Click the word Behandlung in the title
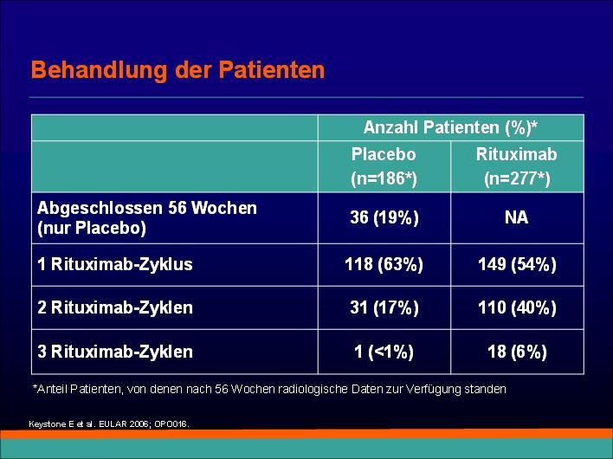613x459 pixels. coord(100,70)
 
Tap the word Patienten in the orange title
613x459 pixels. coord(271,69)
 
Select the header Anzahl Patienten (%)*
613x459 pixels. coord(450,127)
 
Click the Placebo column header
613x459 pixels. coord(384,154)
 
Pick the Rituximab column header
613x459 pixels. coord(516,154)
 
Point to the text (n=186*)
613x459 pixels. coord(384,178)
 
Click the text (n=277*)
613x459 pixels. coord(517,178)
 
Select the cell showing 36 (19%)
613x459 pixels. coord(384,217)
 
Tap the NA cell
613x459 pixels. coord(516,217)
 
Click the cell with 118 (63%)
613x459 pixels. coord(384,264)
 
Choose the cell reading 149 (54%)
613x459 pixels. coord(517,264)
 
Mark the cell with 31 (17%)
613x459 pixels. coord(384,307)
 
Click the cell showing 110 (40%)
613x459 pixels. coord(517,307)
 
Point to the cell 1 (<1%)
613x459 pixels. coord(384,352)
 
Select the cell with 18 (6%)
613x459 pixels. coord(517,352)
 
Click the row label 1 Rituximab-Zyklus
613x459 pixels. coord(115,265)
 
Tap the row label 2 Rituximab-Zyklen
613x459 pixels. coord(115,307)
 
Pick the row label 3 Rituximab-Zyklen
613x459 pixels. coord(115,352)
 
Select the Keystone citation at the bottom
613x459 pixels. coord(109,424)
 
